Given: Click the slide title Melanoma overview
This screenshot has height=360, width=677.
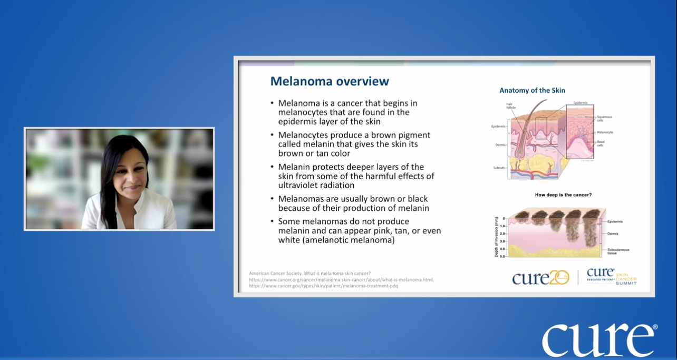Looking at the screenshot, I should tap(330, 81).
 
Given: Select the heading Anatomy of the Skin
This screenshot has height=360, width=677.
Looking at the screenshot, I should tap(532, 90).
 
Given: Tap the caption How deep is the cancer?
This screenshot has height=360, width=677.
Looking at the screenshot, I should tap(563, 195).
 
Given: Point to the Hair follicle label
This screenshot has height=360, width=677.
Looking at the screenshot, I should tap(511, 106).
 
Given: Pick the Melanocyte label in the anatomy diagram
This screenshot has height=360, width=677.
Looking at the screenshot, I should tap(605, 132).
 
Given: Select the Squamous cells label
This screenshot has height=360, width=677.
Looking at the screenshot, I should tap(604, 119).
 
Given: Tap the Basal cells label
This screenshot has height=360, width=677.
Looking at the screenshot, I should tap(601, 143).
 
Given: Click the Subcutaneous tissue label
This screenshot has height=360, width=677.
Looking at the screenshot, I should tap(618, 251).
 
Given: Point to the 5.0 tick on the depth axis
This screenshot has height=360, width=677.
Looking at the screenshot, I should tap(502, 256).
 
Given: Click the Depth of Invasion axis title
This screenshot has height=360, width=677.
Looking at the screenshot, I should tap(496, 237).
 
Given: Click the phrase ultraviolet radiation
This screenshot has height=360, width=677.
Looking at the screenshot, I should tap(316, 185).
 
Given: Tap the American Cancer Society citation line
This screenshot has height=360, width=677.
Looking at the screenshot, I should tap(310, 273).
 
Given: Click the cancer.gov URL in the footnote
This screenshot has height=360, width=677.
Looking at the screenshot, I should tap(323, 286).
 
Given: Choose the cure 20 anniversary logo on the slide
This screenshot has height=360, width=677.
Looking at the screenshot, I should tap(540, 277).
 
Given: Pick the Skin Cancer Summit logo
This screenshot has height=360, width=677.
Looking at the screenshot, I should tap(612, 277).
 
